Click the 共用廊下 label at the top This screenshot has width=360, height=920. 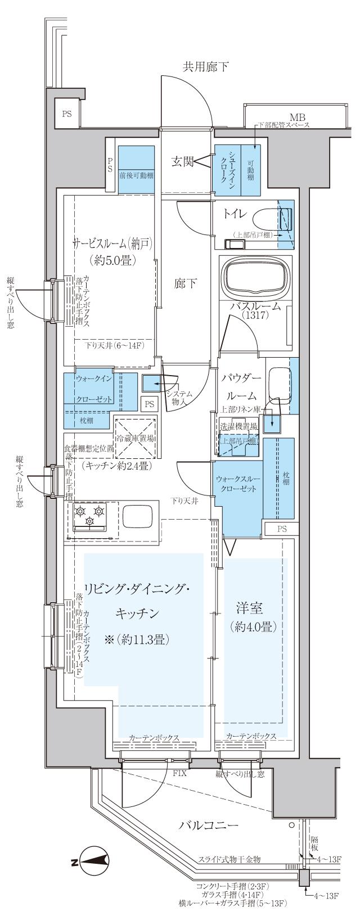[205, 66]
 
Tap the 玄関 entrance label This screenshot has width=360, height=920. [182, 162]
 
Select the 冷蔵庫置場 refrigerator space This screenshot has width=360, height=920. [136, 438]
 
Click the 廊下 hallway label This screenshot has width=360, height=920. [186, 283]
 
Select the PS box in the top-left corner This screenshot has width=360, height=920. [67, 114]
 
